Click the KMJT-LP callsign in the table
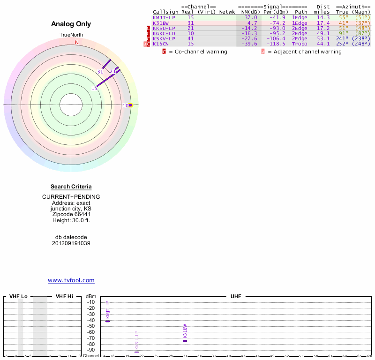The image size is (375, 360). pos(164,17)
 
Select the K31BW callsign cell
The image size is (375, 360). pos(160,22)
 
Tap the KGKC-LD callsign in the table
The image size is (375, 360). pos(164,33)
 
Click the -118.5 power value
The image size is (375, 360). pos(276,44)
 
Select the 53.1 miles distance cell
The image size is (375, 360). pos(323,38)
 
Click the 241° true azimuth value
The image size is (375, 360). pos(343,38)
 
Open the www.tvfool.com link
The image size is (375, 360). pos(71,280)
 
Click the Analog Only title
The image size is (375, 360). pos(71,24)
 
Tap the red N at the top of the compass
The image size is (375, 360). pos(77,42)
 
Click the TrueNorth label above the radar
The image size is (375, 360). pos(71,35)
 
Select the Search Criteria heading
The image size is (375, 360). pos(71,187)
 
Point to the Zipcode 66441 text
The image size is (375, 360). pos(71,214)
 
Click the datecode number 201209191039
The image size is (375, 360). pos(71,243)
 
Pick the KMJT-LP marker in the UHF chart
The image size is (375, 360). pos(108,321)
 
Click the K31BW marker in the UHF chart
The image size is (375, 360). pos(185,341)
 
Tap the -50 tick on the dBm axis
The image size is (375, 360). pos(91,326)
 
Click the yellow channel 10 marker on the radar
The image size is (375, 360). pos(131,105)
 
